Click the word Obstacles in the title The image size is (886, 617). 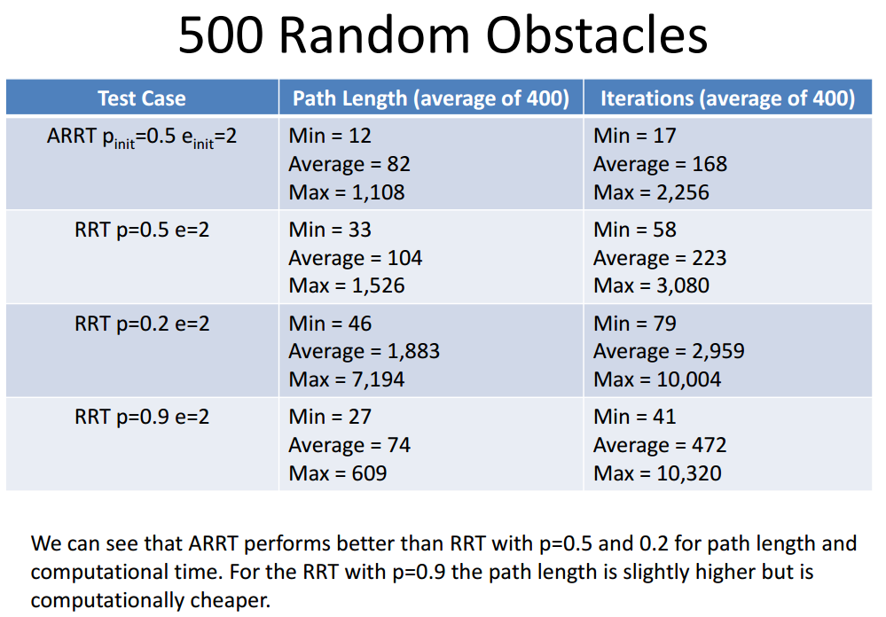coord(597,35)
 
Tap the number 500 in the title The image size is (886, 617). coord(221,35)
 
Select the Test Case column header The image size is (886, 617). coord(142,98)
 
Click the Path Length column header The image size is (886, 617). coord(430,98)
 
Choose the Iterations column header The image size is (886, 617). coord(728,98)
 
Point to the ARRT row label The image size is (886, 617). coord(142,138)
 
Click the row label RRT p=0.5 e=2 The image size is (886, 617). coord(142,230)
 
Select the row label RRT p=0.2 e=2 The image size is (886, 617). coord(142,324)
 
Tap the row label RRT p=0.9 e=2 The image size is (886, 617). coord(142,417)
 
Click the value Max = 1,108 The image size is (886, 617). coord(347,192)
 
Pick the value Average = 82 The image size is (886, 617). coord(349,164)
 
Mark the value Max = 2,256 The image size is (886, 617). coord(652,192)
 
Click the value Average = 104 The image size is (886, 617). coord(356,258)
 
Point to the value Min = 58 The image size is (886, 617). coord(635,230)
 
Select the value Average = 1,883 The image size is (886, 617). coord(365,351)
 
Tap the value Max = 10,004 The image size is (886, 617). coord(658,379)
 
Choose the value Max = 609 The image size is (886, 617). coord(338,473)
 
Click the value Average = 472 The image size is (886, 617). coord(660,445)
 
